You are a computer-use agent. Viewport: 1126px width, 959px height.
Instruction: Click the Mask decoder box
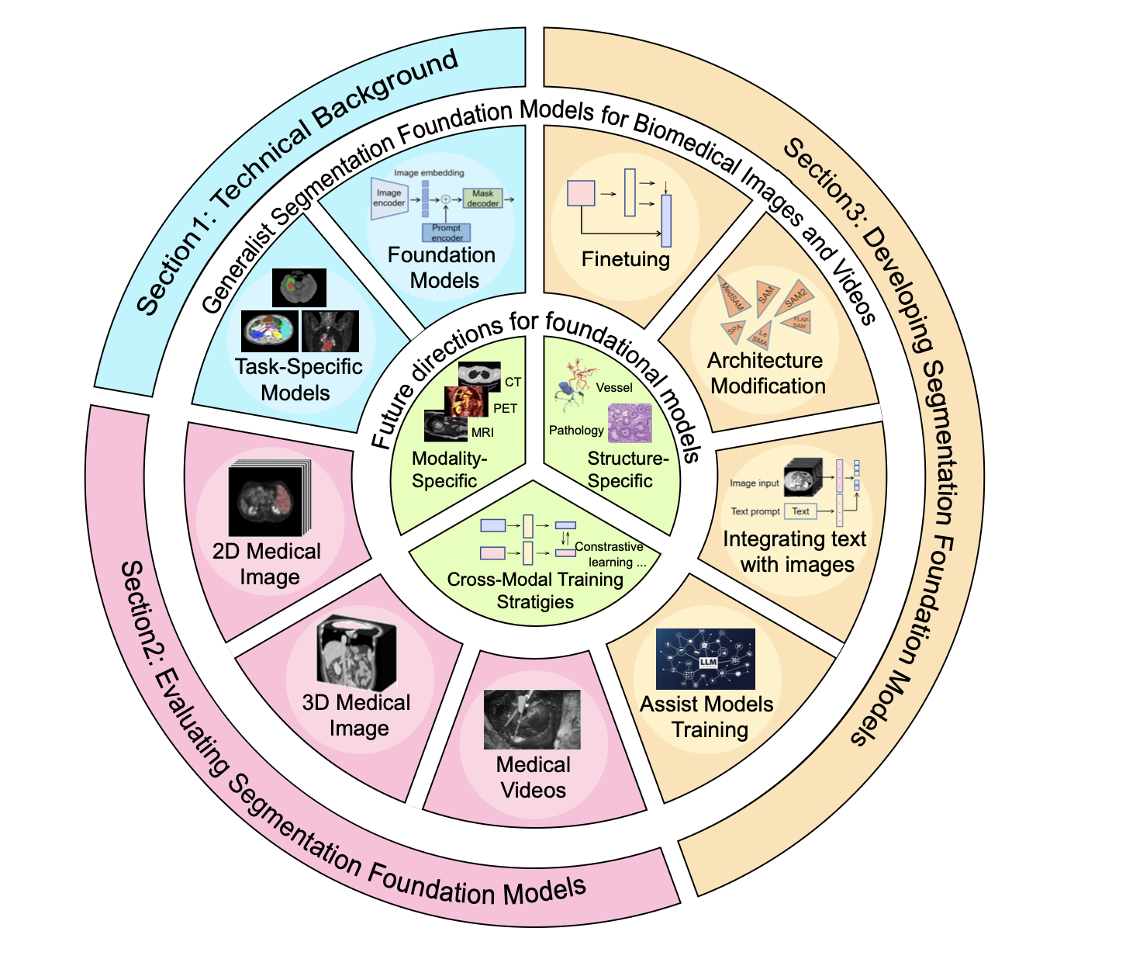pos(482,199)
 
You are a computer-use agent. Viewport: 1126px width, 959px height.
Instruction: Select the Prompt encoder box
pos(446,232)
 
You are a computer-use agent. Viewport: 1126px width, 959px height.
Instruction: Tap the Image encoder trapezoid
pos(389,198)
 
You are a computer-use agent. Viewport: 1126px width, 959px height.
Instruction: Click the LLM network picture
pos(705,659)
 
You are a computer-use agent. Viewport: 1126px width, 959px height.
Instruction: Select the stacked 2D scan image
pos(268,499)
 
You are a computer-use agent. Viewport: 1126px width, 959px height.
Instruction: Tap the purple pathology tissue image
pos(629,423)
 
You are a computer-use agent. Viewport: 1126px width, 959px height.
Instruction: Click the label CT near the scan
pos(513,382)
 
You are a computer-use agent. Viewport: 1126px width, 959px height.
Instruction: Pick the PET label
pos(505,408)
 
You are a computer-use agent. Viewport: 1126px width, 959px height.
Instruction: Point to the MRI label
pos(482,432)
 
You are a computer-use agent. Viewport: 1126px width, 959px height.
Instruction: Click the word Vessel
pos(614,387)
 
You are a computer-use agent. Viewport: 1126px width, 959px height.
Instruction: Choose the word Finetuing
pos(625,258)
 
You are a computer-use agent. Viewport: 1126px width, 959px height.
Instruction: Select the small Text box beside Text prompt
pos(800,511)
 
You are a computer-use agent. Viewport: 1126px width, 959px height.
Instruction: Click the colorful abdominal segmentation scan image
pos(269,331)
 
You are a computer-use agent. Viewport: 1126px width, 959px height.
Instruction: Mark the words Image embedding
pos(429,173)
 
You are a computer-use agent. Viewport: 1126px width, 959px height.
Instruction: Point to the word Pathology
pos(575,430)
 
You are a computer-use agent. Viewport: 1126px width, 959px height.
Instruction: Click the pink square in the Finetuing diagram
pos(581,193)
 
